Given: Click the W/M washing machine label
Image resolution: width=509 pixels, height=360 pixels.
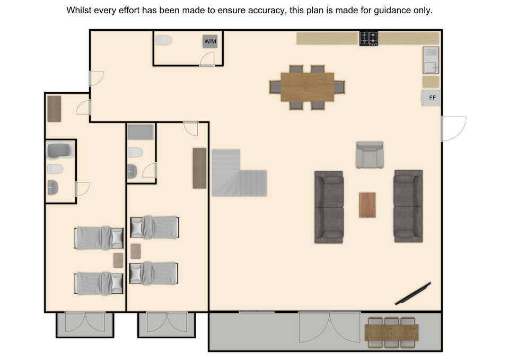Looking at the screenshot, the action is point(210,41).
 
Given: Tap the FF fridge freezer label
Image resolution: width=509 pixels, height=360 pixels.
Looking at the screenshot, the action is point(433,98).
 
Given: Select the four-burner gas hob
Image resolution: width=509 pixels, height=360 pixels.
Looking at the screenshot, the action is point(369,38).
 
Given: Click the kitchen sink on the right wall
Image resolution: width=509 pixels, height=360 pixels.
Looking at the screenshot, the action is point(431,60).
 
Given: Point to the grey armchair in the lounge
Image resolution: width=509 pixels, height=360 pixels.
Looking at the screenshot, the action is point(370,155).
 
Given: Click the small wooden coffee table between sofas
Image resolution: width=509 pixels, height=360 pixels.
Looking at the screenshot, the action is point(367,205).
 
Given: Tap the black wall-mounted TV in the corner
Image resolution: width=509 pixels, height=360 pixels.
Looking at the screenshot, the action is point(413,293).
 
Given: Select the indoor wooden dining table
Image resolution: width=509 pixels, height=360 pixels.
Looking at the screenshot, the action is point(307,87).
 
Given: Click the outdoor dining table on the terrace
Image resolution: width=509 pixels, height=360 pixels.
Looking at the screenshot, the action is point(391,332).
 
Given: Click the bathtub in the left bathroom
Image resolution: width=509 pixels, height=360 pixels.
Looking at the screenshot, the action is point(60,150).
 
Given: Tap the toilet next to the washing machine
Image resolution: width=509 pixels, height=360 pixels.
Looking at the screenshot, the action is point(164,41).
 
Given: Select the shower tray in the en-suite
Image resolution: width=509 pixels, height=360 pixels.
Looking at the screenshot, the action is point(140,132).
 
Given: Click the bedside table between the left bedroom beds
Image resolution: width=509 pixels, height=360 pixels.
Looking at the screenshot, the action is point(118,260).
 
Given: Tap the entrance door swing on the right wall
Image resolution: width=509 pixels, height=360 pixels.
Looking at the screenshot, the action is point(454,129).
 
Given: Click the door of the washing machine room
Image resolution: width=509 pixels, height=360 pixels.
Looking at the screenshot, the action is point(207,59).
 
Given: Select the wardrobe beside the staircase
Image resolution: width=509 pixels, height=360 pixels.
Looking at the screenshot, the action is point(199,168).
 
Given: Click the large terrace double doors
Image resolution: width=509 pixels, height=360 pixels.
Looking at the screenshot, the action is point(329,327).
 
